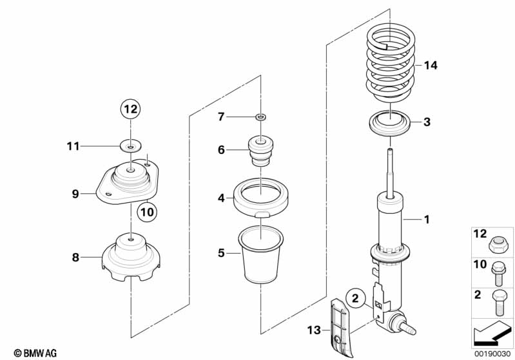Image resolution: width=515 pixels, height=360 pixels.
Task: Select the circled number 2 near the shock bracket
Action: (355, 298)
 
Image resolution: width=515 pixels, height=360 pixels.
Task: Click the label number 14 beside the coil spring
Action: (431, 66)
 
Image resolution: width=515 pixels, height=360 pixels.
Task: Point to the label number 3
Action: (426, 122)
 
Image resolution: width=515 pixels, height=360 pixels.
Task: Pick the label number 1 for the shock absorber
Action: (426, 220)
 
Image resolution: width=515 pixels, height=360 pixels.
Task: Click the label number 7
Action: (220, 117)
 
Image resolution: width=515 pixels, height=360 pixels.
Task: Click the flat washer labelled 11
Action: (131, 146)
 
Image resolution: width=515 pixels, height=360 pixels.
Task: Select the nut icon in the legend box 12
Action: (497, 243)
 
